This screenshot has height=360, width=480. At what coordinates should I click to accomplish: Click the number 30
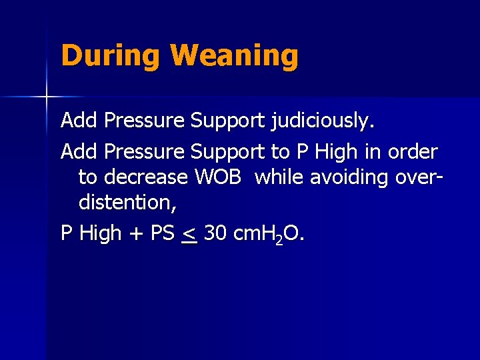215,233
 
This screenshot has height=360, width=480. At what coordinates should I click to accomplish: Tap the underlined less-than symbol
189,234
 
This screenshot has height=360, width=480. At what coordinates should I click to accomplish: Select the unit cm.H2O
267,234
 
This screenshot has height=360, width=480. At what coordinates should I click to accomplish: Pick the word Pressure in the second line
145,151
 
